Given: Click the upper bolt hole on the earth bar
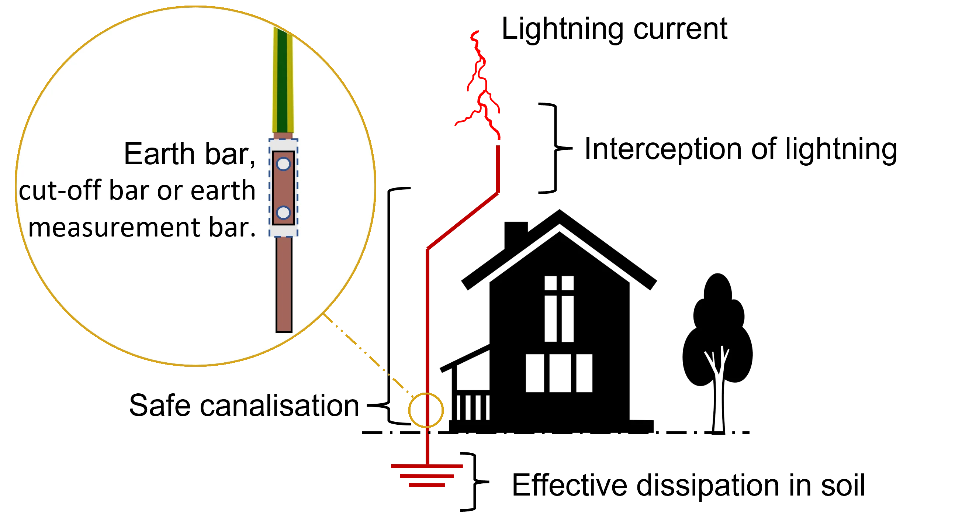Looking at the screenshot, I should [283, 164].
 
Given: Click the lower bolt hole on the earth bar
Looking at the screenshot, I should [283, 213].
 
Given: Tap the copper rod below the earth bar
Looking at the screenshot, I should [283, 284].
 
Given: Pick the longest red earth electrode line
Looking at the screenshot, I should [426, 466].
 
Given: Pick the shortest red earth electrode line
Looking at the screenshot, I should [426, 484].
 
